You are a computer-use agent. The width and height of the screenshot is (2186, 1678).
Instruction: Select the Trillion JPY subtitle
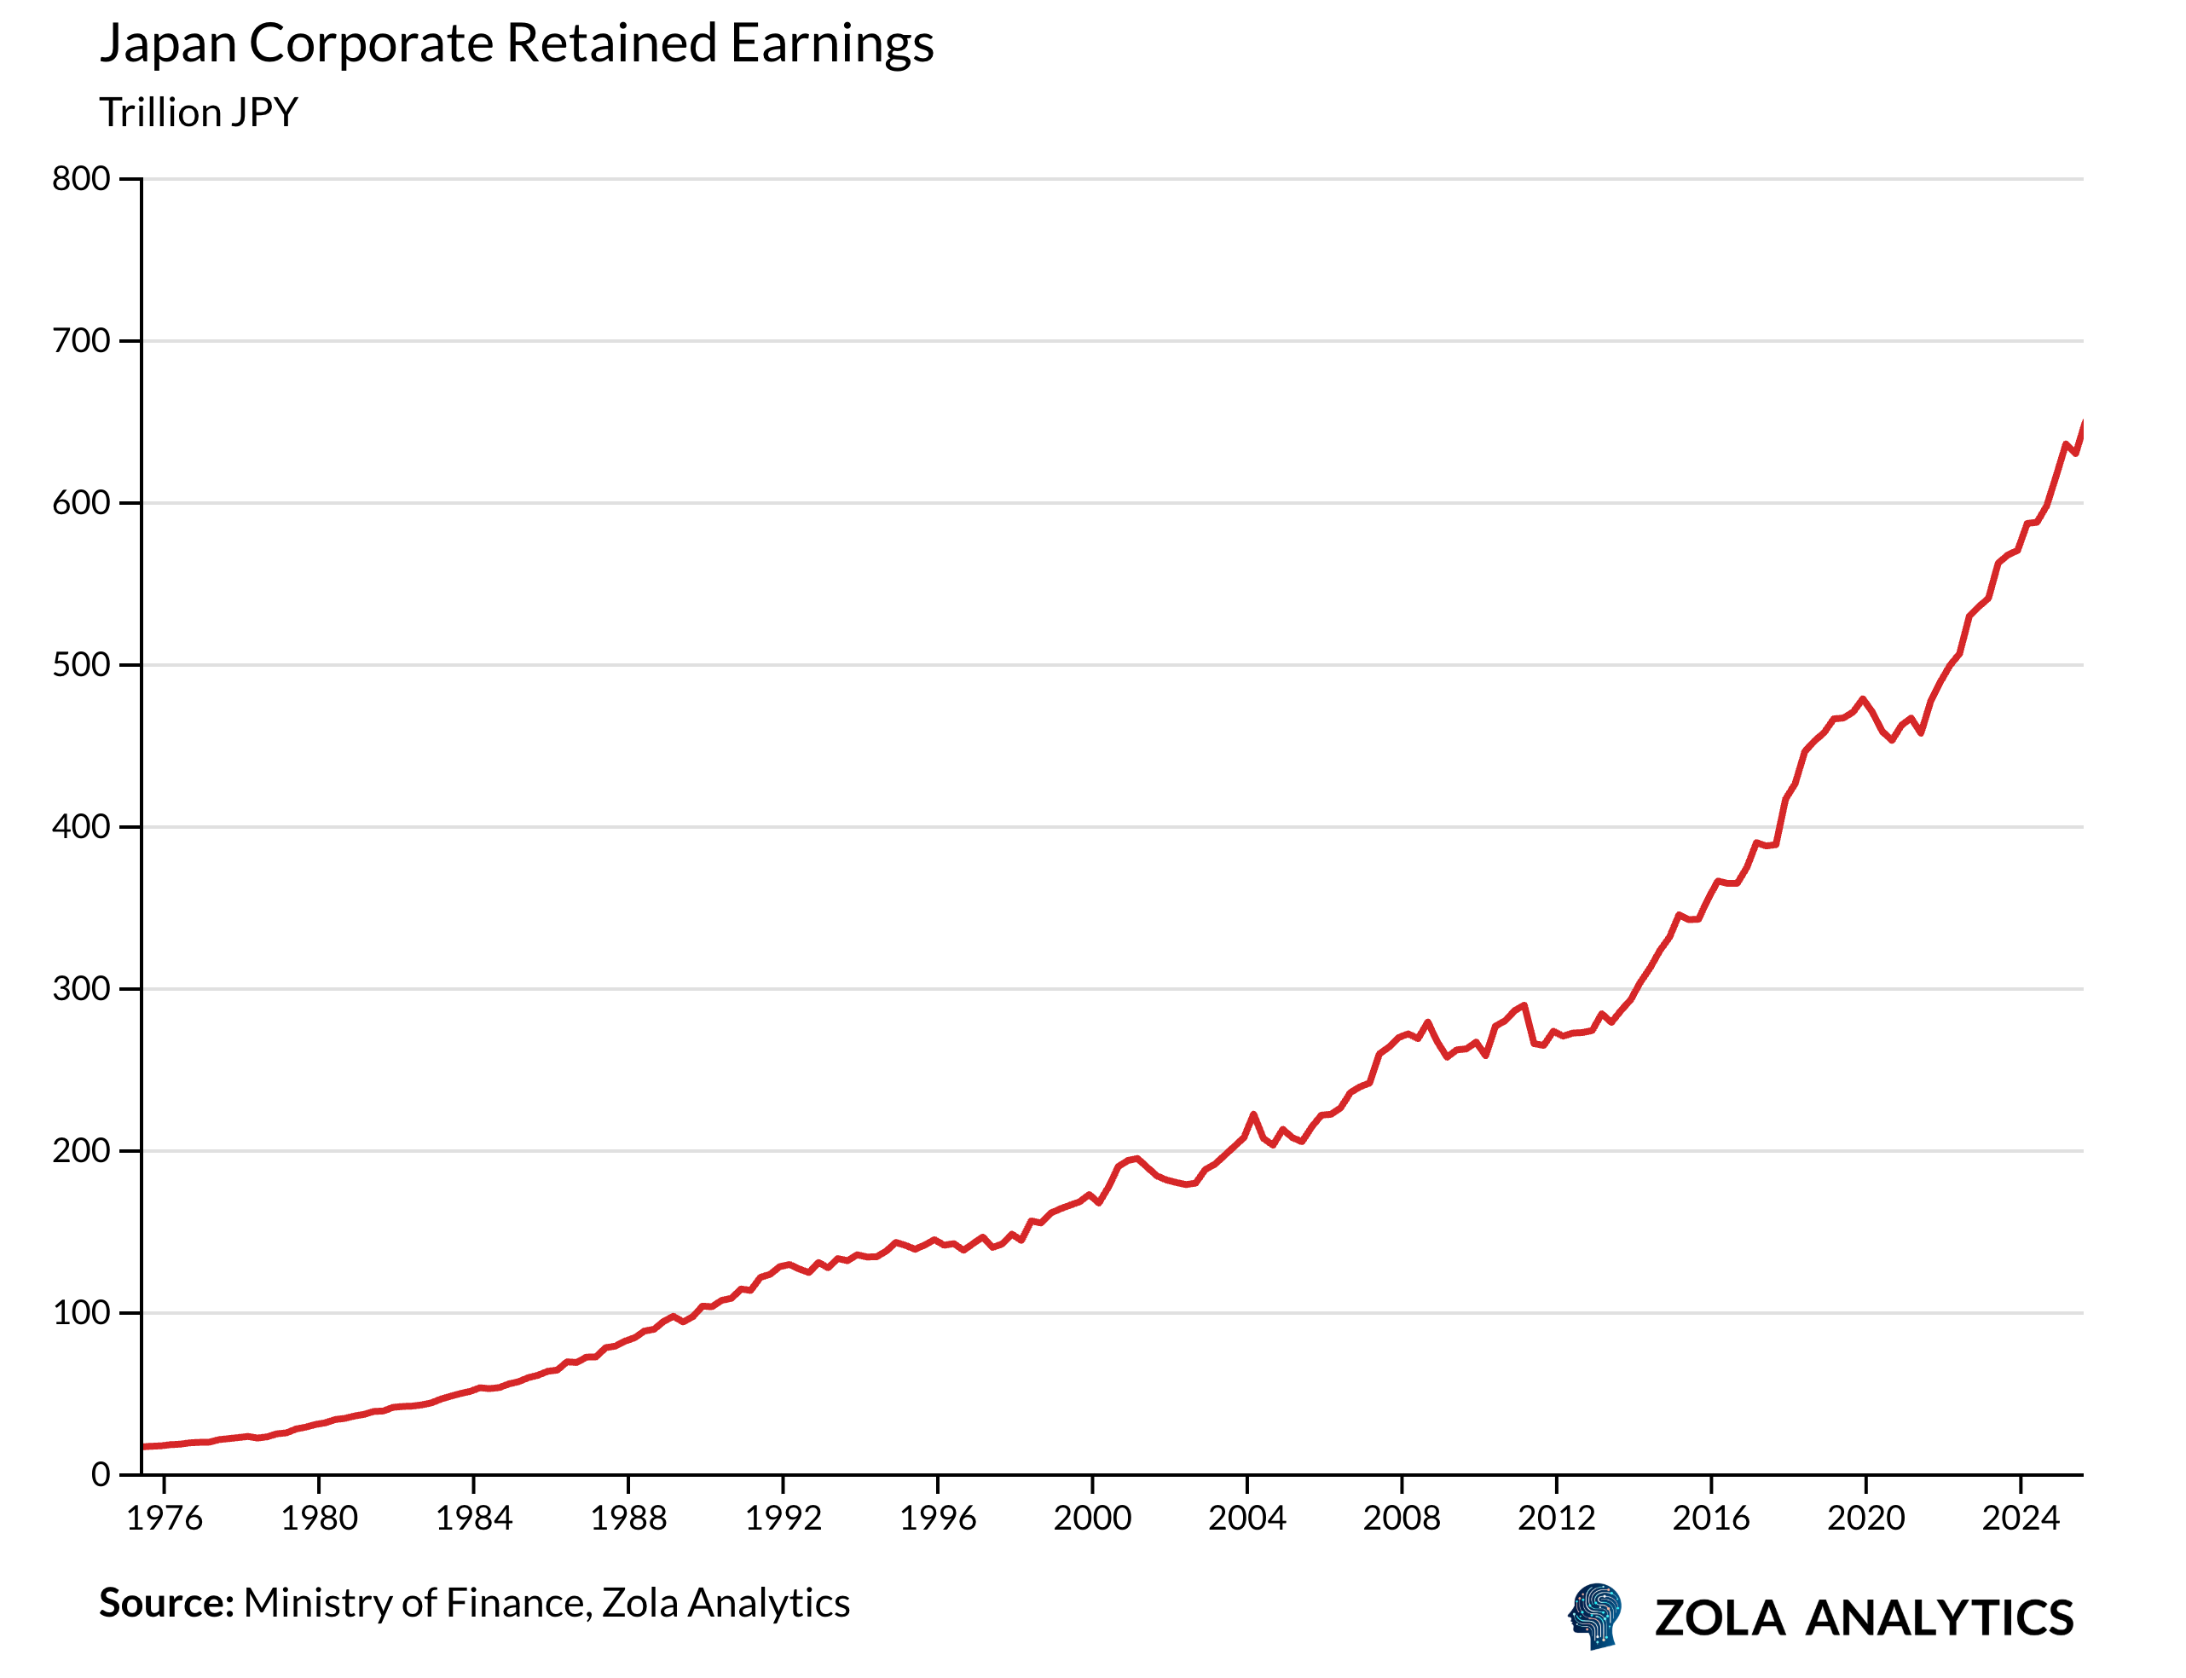coord(198,113)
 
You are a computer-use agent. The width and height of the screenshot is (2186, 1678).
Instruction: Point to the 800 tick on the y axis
coord(81,179)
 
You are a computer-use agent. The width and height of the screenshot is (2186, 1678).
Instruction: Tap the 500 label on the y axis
coord(81,665)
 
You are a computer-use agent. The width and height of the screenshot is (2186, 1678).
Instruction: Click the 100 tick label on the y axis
coord(81,1313)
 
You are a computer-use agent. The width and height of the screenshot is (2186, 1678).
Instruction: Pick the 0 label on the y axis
coord(100,1475)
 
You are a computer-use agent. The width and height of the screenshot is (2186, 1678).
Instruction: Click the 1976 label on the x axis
coord(164,1519)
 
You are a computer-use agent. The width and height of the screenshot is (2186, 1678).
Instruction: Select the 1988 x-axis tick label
coord(628,1519)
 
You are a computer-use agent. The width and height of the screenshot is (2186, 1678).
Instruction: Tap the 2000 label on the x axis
coord(1092,1519)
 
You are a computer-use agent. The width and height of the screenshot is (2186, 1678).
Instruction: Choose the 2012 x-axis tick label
coord(1557,1519)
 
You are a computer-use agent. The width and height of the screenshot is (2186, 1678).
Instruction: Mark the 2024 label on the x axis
coord(2021,1519)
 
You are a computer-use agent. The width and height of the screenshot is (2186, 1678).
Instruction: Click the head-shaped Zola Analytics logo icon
coord(1595,1616)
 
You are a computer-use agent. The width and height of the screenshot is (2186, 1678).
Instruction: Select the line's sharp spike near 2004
coord(1253,1114)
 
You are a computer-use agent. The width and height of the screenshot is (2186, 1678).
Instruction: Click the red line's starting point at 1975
coord(144,1446)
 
